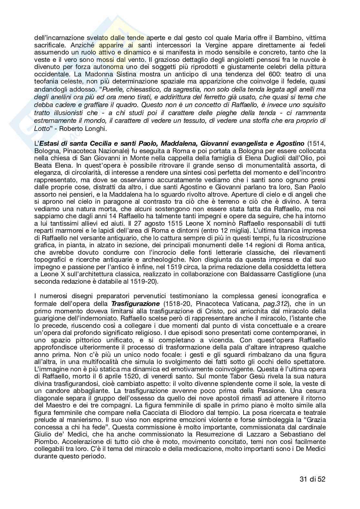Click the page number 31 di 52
pyautogui.click(x=310, y=479)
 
